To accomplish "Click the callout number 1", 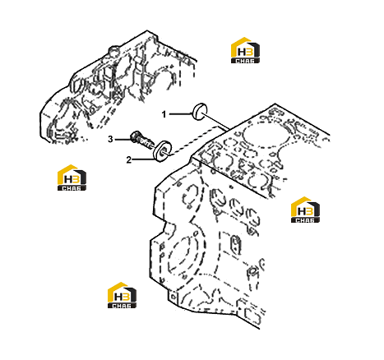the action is point(164,114).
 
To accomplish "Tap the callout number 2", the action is point(129,159).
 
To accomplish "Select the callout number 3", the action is point(110,139).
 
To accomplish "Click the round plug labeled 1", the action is point(199,112).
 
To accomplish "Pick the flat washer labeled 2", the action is point(163,150).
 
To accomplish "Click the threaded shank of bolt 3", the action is point(146,143).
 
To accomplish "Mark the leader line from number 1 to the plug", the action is point(180,113).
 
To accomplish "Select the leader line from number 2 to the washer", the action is point(142,159).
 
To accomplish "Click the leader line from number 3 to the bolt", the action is point(123,140).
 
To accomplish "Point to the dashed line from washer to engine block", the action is point(195,141).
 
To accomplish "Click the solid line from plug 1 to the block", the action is point(217,122).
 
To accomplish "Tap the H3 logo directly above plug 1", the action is point(245,50).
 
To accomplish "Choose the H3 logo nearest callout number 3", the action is point(72,178).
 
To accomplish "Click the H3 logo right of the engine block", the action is point(305,210).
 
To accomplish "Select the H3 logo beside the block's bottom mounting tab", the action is point(122,295).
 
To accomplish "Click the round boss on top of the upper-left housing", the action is point(114,51).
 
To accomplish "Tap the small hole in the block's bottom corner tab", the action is point(173,297).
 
